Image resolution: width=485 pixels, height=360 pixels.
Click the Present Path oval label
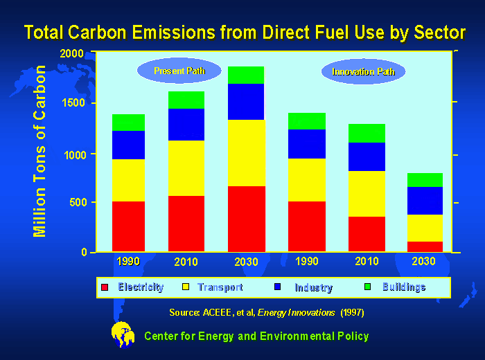coord(179,71)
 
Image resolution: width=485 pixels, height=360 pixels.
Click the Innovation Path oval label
coord(363,72)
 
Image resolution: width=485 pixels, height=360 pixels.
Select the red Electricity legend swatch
coord(105,287)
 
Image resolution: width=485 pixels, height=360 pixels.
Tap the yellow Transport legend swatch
coord(185,287)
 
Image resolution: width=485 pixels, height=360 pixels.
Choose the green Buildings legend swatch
coord(369,287)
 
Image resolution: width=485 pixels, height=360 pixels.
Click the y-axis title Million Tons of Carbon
coord(41,152)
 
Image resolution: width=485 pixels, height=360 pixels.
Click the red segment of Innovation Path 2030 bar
coord(424,246)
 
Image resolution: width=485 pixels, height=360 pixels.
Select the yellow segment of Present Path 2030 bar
coord(246,152)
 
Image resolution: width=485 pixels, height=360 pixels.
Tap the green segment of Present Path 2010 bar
coord(186,100)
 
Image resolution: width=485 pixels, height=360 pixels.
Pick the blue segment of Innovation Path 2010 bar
coord(367,156)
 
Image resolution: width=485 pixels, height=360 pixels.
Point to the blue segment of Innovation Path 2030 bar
coord(424,201)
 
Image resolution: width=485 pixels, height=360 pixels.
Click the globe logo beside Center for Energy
coord(123,334)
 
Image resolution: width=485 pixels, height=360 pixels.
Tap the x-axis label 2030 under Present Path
coord(246,262)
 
